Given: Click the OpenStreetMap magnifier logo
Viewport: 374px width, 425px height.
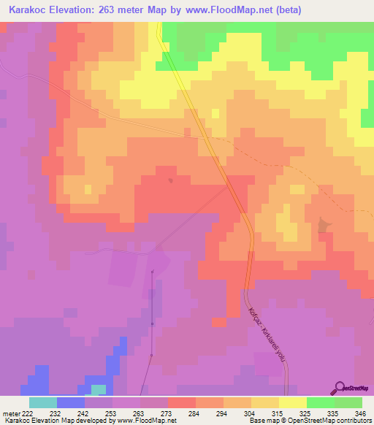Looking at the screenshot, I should [340, 387].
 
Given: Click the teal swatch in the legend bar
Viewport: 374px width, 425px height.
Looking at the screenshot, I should [42, 402].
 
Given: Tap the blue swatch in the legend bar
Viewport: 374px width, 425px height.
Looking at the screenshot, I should [70, 402].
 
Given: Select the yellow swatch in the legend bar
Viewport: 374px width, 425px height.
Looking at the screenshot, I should [292, 402].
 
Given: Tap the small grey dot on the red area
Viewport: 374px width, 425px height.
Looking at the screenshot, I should [171, 180].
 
